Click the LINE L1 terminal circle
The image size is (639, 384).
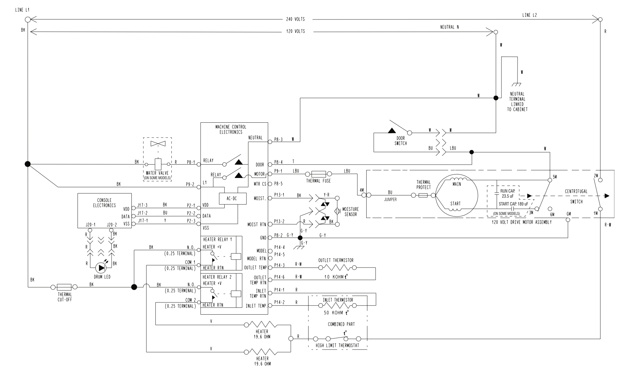[28, 19]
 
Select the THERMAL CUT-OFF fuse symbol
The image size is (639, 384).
[64, 287]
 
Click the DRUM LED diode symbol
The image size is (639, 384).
[101, 268]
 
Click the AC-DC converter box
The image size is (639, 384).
[232, 198]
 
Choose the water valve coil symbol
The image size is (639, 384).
[158, 164]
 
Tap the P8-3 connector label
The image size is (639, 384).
[278, 139]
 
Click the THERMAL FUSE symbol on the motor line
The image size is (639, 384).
[319, 174]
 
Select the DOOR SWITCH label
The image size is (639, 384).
[401, 141]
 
